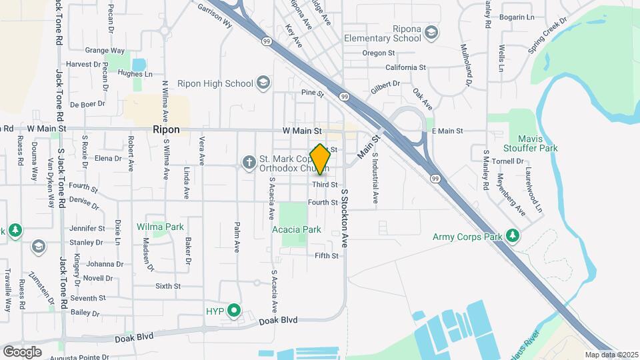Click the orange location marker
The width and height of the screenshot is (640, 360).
[x=320, y=159]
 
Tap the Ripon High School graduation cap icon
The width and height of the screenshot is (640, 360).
[x=263, y=83]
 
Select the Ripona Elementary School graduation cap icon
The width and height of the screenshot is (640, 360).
[x=431, y=32]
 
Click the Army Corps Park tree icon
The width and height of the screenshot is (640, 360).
[x=512, y=235]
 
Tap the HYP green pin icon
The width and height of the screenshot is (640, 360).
[x=233, y=310]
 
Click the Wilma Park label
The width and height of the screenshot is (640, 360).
[x=160, y=227]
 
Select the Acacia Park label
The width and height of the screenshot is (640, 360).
[x=297, y=229]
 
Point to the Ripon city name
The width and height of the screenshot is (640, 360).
[x=167, y=130]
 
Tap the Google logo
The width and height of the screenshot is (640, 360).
[x=22, y=351]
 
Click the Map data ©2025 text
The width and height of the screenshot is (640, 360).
[x=611, y=355]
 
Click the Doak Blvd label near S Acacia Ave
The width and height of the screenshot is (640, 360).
[x=279, y=321]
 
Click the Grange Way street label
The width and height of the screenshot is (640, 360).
[x=105, y=50]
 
